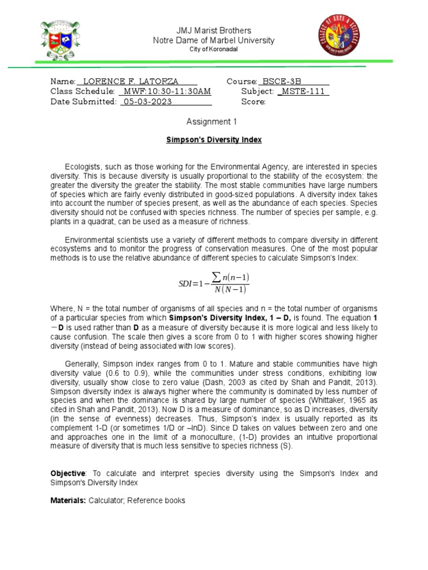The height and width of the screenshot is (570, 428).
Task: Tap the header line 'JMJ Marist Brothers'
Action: tap(214, 31)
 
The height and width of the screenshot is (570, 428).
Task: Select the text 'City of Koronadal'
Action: tap(214, 50)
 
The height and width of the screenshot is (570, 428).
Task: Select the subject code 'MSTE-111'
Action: tap(304, 91)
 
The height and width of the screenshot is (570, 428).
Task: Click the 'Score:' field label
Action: tap(253, 101)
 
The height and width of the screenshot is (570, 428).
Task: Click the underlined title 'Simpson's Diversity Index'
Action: tap(214, 140)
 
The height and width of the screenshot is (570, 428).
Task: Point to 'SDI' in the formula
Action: tap(184, 284)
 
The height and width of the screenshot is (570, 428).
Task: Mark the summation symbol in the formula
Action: tap(216, 277)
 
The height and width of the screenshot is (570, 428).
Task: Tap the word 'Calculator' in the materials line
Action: tap(106, 500)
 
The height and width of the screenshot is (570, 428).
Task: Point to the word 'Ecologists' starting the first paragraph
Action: tap(83, 167)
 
